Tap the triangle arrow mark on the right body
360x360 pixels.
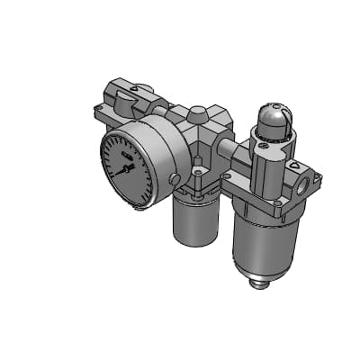pos(293,166)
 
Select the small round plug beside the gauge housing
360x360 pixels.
pos(173,180)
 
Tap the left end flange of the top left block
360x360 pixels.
pos(98,113)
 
